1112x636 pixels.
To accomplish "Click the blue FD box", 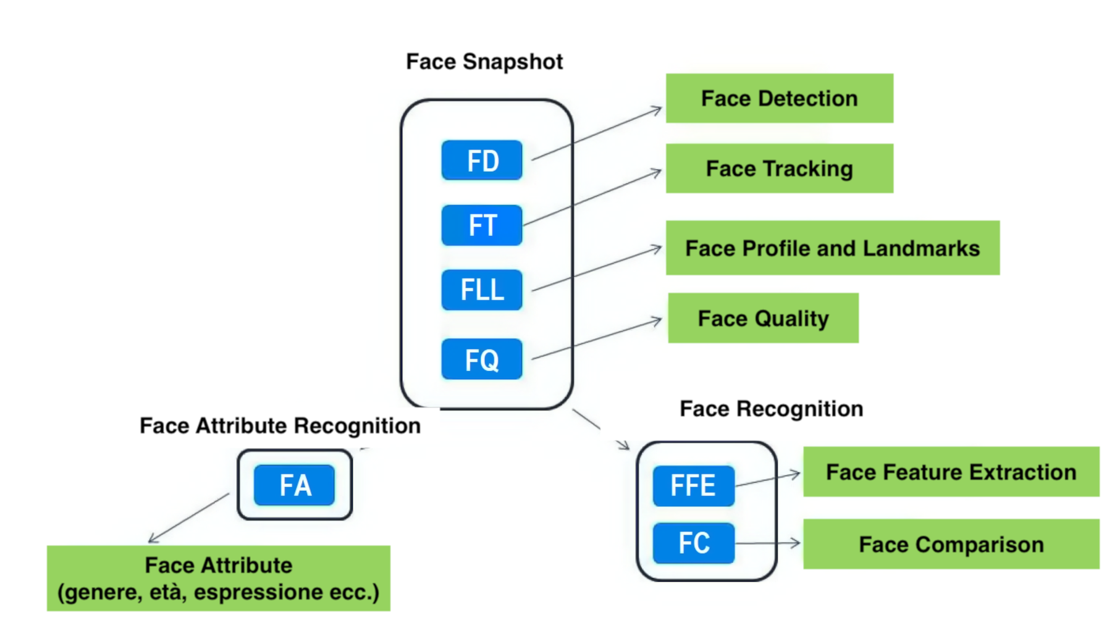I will [482, 161].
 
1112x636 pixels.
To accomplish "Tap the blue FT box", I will [482, 225].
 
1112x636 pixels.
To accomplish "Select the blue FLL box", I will [482, 290].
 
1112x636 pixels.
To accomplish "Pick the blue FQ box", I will [482, 359].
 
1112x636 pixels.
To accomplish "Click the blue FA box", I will [295, 485].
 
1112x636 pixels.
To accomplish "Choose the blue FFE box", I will [693, 486].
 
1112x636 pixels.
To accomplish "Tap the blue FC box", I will [693, 543].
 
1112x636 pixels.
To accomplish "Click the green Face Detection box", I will [779, 98].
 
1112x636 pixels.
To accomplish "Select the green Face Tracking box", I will [779, 169].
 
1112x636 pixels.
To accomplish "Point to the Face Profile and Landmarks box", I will [832, 248].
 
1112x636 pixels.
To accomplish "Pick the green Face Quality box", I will [763, 319].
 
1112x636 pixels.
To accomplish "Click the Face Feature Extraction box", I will [951, 472].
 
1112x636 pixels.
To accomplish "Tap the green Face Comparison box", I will [951, 545].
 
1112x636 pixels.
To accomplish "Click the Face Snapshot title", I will [484, 62].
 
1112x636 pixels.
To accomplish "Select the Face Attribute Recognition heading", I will [280, 425].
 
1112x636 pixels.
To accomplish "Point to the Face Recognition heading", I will [771, 409].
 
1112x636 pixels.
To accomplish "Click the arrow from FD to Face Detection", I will [596, 134].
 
